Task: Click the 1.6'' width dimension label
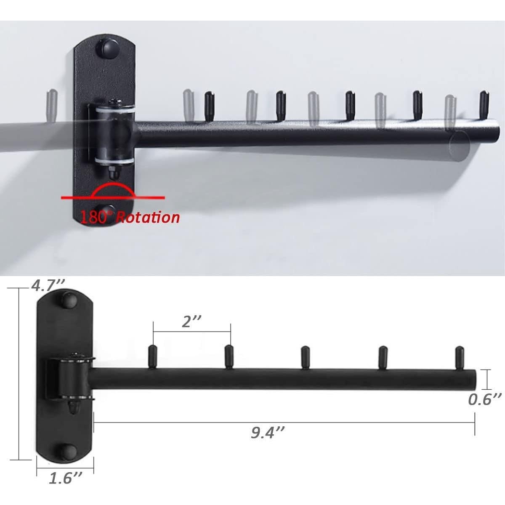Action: click(x=65, y=478)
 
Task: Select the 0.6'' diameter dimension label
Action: click(x=485, y=399)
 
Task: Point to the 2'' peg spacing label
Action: click(x=192, y=322)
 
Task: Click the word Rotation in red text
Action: click(x=148, y=218)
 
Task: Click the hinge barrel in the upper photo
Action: click(x=114, y=135)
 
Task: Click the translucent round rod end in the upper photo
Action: click(x=459, y=146)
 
